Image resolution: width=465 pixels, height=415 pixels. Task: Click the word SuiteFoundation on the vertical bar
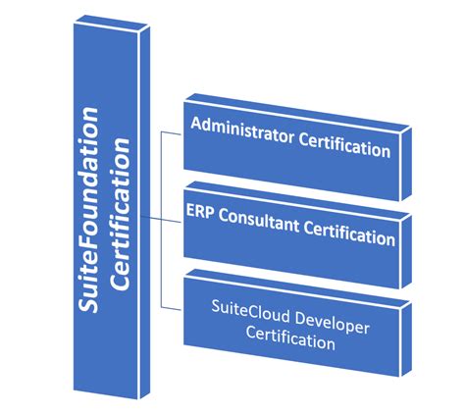88,210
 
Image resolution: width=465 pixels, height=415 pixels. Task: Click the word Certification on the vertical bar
120,214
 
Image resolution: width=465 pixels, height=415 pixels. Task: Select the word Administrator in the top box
242,130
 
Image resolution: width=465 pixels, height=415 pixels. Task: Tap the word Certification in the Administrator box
344,145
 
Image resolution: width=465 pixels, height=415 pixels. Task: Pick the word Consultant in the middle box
259,221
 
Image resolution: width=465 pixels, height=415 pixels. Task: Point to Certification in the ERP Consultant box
349,233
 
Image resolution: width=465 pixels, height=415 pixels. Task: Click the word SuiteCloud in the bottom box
251,311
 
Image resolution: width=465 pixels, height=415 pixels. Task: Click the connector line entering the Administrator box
171,133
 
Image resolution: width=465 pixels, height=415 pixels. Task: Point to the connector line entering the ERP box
162,219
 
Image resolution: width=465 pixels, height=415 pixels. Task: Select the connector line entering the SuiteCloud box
171,308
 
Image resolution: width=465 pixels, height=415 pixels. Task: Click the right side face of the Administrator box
405,164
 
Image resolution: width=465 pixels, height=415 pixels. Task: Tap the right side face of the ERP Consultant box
405,251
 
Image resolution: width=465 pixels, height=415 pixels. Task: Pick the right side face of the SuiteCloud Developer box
405,339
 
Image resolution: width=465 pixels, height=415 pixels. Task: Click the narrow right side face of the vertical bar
145,213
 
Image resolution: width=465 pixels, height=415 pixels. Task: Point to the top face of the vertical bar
112,24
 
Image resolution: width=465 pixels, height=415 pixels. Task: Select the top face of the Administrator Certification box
297,114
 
